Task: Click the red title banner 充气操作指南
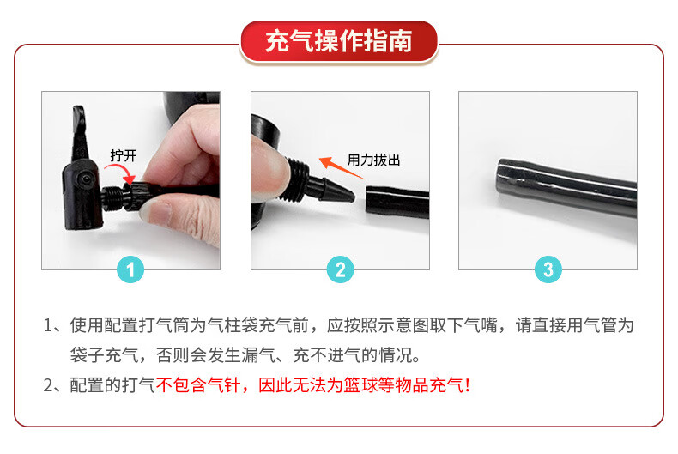[339, 42]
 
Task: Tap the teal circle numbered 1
[130, 269]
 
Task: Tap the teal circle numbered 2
[341, 269]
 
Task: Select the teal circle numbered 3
[548, 269]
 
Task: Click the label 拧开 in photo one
[124, 155]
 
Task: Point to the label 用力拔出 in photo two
[373, 160]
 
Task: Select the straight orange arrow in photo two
[342, 167]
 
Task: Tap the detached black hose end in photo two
[397, 203]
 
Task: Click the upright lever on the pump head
[80, 133]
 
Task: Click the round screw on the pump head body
[87, 179]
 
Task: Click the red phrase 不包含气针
[197, 384]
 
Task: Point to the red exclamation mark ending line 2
[468, 384]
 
